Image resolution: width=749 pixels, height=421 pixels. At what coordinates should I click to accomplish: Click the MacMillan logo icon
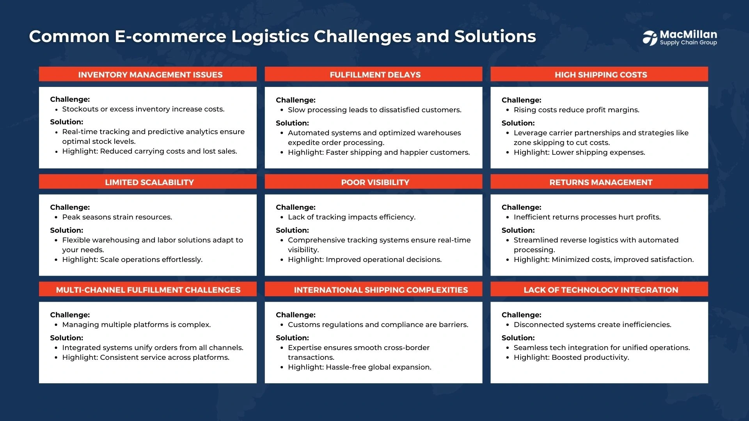point(650,38)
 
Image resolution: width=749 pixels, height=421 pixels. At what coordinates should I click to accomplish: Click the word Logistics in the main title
point(270,37)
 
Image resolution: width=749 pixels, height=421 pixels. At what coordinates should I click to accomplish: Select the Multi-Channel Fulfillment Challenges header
point(148,289)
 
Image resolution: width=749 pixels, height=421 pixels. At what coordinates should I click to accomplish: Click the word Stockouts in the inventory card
point(80,109)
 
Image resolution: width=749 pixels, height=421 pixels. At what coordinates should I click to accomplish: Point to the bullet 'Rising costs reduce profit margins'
point(576,110)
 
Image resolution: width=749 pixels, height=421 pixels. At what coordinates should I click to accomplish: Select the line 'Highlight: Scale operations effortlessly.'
point(132,260)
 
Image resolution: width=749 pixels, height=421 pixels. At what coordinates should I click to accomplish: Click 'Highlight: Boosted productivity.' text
point(571,357)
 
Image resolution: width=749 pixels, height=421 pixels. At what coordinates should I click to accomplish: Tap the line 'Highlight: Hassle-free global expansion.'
point(359,367)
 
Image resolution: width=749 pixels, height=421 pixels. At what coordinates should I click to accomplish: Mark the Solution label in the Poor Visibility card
point(292,230)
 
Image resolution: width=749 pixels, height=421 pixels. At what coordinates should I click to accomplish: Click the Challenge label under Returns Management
point(521,207)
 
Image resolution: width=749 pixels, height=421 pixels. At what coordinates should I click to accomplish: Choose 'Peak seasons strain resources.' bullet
point(117,217)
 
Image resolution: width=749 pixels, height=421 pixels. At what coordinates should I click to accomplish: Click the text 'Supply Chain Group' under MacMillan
point(688,42)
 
